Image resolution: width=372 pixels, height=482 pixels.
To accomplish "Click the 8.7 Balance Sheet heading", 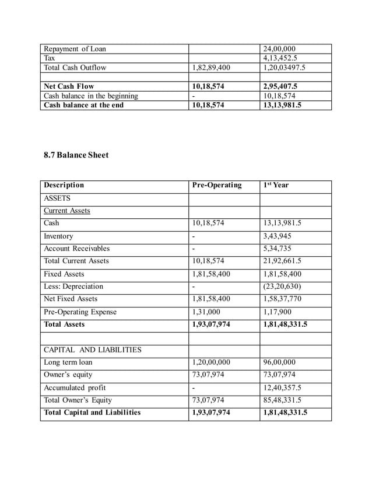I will pyautogui.click(x=76, y=155).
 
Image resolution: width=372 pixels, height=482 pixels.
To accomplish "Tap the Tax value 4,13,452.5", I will pyautogui.click(x=284, y=58).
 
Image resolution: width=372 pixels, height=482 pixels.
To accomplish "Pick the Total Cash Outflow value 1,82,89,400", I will pyautogui.click(x=211, y=68).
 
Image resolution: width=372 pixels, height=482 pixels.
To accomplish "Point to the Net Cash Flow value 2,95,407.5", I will pyautogui.click(x=285, y=86).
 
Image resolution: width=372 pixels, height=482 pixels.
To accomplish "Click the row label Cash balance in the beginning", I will pyautogui.click(x=91, y=96).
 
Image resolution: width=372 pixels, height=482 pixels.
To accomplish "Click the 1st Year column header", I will pyautogui.click(x=276, y=186).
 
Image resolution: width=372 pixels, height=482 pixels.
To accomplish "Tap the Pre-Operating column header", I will pyautogui.click(x=216, y=186).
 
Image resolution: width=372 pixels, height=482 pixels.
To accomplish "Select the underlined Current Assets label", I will pyautogui.click(x=67, y=211).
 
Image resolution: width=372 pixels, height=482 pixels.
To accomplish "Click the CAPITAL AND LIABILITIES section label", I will pyautogui.click(x=93, y=350).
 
